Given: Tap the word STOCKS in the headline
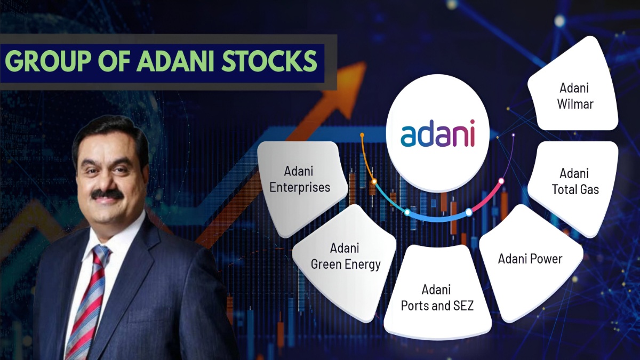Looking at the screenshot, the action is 270,61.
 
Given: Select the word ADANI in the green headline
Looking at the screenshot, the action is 175,61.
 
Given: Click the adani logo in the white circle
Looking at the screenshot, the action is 437,133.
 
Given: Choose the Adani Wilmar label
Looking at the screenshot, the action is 575,96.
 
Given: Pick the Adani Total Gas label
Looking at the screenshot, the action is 575,181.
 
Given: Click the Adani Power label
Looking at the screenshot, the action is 530,259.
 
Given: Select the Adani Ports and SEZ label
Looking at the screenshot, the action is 437,298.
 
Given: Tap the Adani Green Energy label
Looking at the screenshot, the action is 346,257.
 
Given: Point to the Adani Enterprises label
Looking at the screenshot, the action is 299,179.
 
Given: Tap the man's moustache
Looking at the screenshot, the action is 107,194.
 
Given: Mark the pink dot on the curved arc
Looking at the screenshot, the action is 501,181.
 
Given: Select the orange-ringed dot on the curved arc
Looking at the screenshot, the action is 374,181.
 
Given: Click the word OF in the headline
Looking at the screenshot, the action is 114,61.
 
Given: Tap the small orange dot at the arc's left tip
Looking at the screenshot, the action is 362,134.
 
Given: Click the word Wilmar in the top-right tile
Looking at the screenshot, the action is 575,104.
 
